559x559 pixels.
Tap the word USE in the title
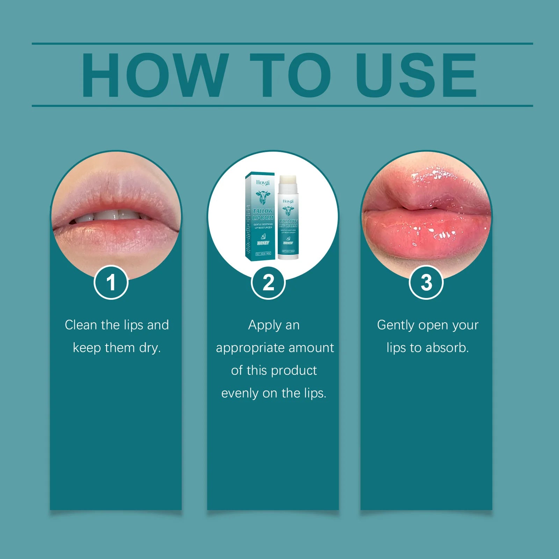pos(416,75)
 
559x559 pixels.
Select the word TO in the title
pos(290,75)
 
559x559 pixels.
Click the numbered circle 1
pos(111,282)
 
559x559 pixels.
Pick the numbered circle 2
pos(268,282)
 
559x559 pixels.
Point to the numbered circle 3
pos(426,282)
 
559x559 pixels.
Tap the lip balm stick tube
pos(288,224)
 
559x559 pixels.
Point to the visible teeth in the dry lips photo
pos(108,215)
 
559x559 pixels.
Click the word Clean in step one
pos(80,325)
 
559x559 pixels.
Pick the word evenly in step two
pos(240,393)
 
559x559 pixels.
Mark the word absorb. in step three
pos(447,348)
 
